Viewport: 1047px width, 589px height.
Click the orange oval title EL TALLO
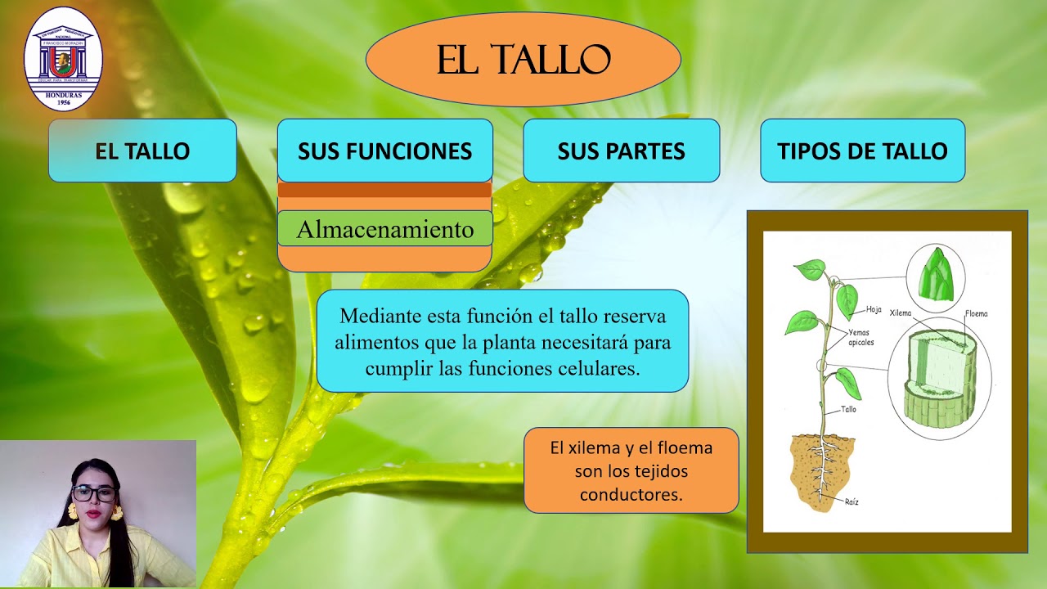pyautogui.click(x=523, y=60)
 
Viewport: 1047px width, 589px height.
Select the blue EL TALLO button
pyautogui.click(x=142, y=151)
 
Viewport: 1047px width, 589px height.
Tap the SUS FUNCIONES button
pyautogui.click(x=384, y=151)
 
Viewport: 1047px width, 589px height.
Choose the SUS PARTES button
pyautogui.click(x=621, y=151)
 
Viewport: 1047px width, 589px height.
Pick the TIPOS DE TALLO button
pyautogui.click(x=862, y=151)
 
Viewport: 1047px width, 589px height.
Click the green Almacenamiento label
pyautogui.click(x=384, y=230)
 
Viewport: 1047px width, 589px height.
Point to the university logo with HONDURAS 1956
pyautogui.click(x=64, y=59)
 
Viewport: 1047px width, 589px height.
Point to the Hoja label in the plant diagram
pyautogui.click(x=874, y=310)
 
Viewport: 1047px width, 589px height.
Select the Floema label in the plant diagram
pyautogui.click(x=976, y=313)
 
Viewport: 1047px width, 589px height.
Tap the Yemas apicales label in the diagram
pyautogui.click(x=861, y=337)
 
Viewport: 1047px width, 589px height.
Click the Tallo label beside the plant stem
pyautogui.click(x=848, y=409)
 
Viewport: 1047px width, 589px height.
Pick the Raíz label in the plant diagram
pyautogui.click(x=852, y=501)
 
